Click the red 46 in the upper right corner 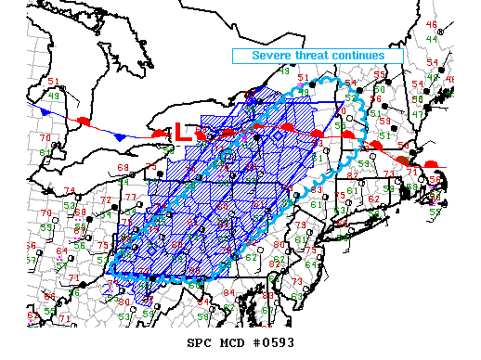(431, 24)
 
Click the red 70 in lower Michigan (45, 137)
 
